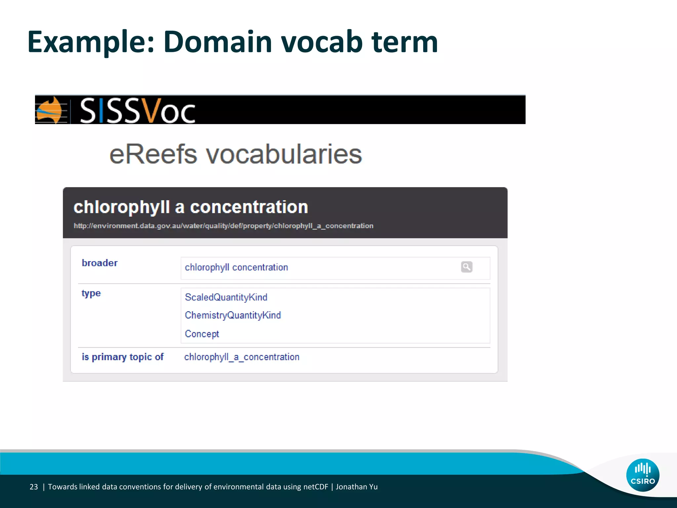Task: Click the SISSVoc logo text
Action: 138,110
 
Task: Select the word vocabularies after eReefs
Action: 284,154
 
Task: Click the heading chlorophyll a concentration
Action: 191,207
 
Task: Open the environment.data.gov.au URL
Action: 223,226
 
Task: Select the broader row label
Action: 100,263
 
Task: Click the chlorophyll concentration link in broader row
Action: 236,267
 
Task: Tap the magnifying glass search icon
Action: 466,267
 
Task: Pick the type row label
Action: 91,293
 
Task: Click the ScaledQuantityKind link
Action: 226,297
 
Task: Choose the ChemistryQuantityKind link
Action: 233,315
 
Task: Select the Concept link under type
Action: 202,334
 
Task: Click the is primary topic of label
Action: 123,357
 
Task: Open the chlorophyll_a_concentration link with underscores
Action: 242,357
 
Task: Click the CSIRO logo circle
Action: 643,475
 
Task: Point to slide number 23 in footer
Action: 34,487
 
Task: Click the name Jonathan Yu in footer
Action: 357,487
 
